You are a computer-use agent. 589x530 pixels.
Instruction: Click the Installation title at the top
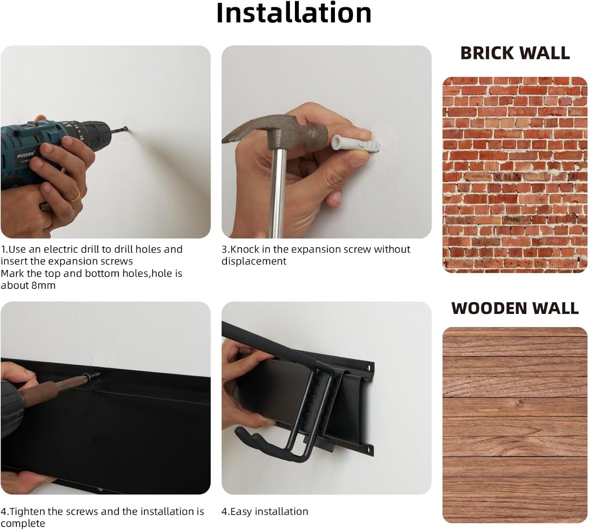coord(294,13)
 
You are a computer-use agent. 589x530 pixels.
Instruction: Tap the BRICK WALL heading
coord(515,53)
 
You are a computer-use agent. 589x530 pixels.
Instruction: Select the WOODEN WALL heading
coord(515,308)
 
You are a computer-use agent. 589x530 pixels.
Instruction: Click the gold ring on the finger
coord(75,196)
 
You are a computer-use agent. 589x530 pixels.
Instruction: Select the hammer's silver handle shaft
coord(278,193)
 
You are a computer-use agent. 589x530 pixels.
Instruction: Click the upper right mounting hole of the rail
coord(369,368)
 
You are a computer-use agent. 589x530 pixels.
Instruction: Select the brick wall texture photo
coord(515,175)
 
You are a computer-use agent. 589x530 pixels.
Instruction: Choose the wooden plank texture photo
coord(515,424)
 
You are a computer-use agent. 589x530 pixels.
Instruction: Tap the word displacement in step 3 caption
coord(254,261)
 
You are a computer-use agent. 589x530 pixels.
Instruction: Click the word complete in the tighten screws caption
coord(23,523)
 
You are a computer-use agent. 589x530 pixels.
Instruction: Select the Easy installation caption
coord(265,512)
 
